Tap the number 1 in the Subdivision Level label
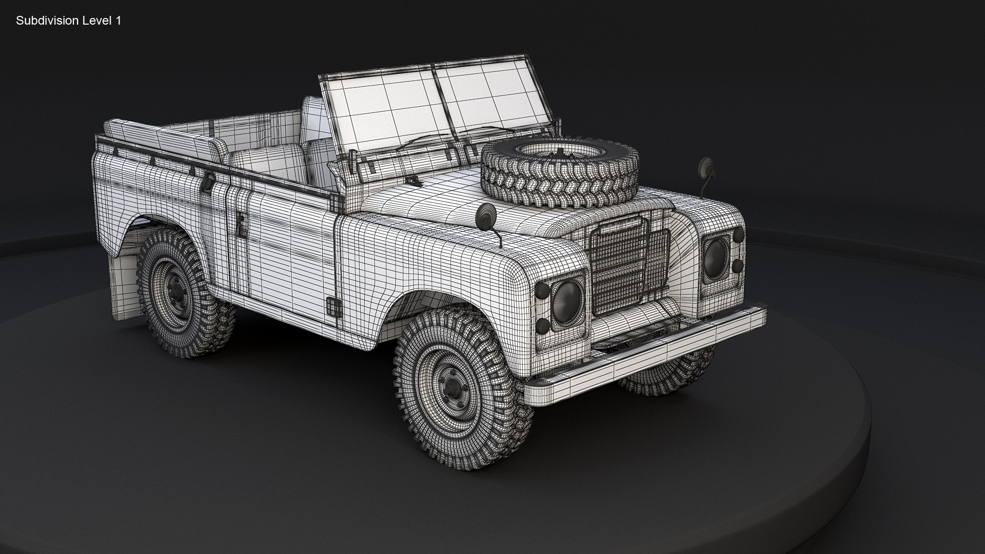click(x=119, y=21)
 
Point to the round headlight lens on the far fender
click(x=715, y=255)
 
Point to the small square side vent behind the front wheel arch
click(x=334, y=306)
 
